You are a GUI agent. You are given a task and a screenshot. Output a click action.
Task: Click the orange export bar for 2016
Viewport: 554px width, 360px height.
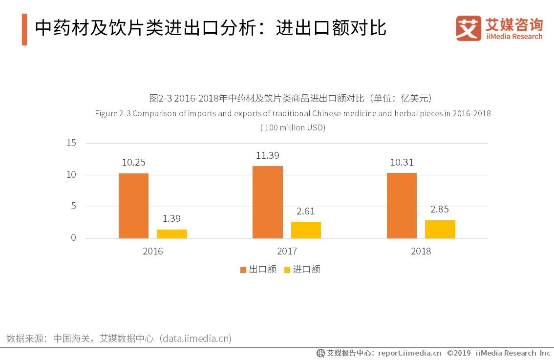tap(133, 206)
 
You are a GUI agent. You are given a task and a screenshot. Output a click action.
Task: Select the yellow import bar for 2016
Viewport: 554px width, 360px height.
tap(172, 234)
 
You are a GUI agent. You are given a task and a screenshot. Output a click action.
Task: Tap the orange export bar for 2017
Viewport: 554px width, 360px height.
tap(267, 202)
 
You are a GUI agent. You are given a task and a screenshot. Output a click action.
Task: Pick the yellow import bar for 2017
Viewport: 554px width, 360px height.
tap(306, 230)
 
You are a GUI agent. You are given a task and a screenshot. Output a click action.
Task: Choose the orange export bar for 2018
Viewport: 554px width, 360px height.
tap(402, 206)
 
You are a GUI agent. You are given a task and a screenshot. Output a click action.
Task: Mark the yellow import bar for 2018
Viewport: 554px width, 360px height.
tap(440, 229)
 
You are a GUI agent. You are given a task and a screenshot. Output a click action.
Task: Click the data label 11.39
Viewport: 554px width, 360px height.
tap(267, 155)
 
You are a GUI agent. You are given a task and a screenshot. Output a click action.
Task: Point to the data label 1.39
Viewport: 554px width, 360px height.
tap(171, 218)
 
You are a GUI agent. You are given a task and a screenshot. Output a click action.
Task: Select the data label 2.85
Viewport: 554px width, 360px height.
tap(440, 209)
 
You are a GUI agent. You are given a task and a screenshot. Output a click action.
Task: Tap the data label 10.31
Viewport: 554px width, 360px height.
tap(402, 162)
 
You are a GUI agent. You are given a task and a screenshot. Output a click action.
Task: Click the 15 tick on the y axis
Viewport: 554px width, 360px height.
tap(71, 143)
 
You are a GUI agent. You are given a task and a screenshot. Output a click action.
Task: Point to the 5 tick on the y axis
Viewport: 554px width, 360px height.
tap(74, 206)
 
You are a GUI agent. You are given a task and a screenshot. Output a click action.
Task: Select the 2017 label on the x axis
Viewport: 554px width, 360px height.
tap(287, 252)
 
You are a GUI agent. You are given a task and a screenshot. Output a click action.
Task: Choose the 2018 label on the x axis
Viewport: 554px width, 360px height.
tap(421, 252)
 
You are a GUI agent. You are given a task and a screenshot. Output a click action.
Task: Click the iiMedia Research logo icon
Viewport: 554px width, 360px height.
tap(469, 28)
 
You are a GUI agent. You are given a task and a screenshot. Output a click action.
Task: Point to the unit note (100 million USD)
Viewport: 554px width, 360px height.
tap(293, 127)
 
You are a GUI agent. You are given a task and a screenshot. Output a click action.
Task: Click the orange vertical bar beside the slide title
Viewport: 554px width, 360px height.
tap(24, 29)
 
